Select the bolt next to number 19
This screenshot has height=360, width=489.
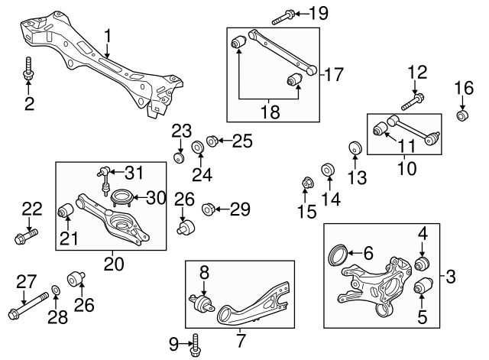click(x=279, y=14)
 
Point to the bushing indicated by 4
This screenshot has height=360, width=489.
click(x=420, y=264)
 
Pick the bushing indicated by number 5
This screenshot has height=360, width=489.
click(x=419, y=288)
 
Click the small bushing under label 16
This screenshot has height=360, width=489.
click(x=461, y=115)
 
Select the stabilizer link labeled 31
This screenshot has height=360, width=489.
click(x=105, y=179)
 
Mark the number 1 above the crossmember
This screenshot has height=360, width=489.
click(x=108, y=35)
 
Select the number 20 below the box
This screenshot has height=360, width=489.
click(x=112, y=264)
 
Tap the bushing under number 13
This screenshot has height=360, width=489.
click(x=355, y=148)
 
